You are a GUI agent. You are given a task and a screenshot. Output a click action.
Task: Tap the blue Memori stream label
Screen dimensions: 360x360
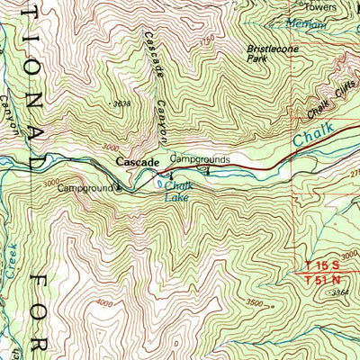[305, 25]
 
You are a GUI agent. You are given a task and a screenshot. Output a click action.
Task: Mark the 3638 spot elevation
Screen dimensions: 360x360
[123, 104]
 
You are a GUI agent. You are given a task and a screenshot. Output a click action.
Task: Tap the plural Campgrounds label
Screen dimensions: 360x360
[200, 158]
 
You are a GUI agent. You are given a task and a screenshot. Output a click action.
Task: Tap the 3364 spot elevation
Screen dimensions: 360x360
[338, 292]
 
